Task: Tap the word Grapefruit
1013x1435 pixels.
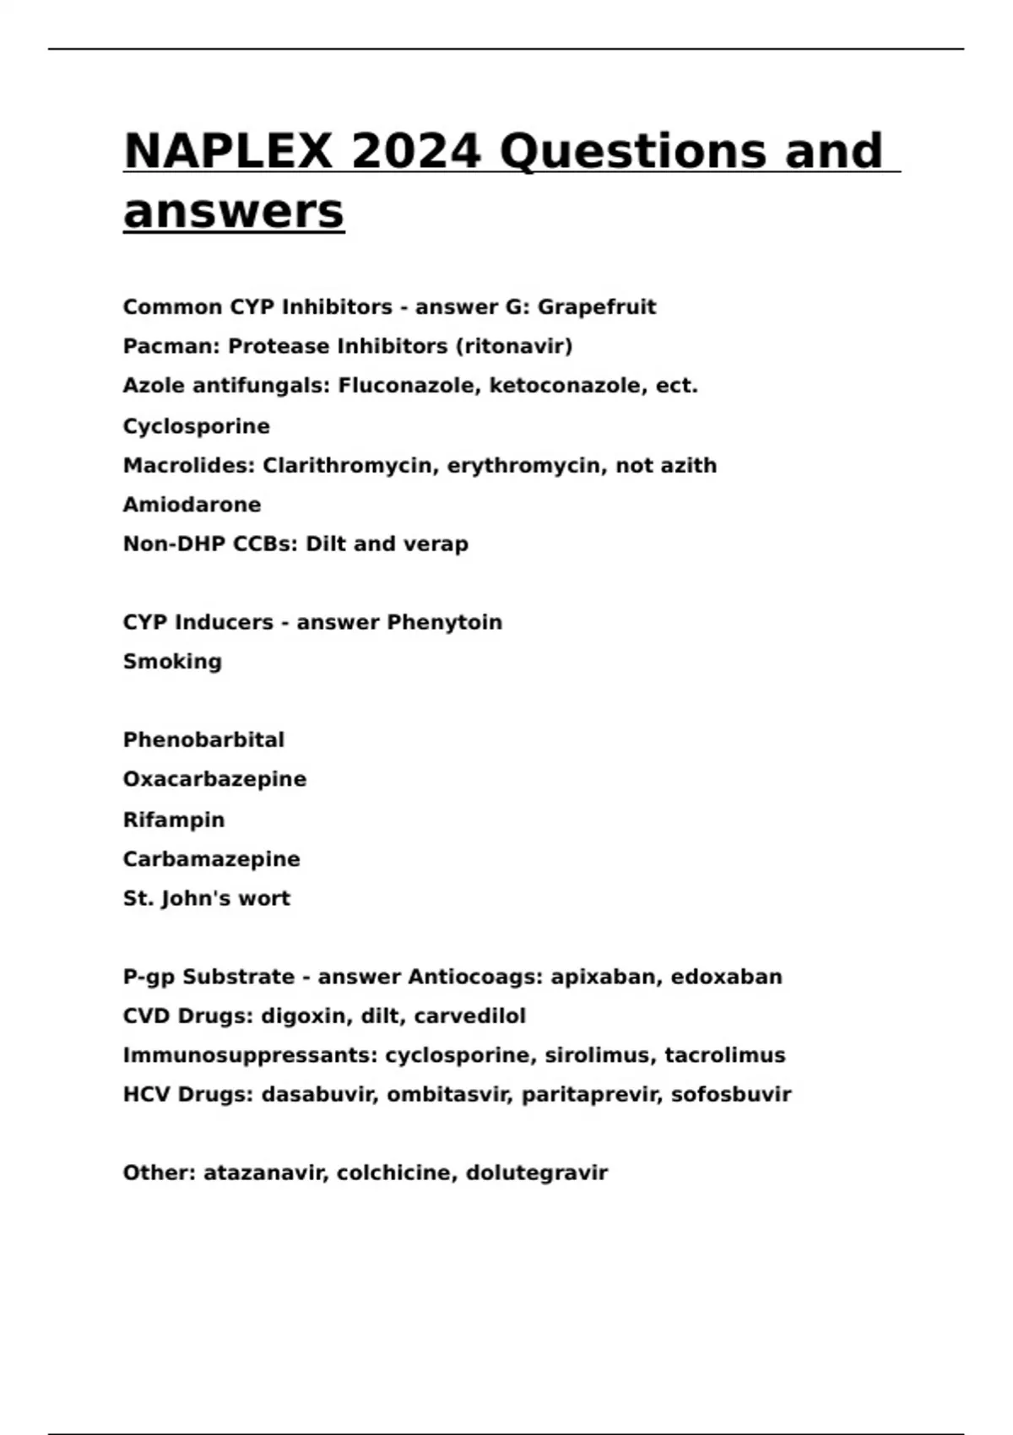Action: [597, 307]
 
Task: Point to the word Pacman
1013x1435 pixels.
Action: [171, 346]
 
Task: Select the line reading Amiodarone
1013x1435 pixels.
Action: [192, 505]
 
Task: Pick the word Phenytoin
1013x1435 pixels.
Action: [444, 622]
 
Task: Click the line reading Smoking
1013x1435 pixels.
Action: [172, 662]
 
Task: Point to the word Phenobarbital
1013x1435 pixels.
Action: [203, 740]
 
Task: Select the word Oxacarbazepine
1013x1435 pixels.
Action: [214, 779]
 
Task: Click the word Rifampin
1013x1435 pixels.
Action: [174, 820]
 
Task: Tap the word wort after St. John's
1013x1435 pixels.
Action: [263, 898]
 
